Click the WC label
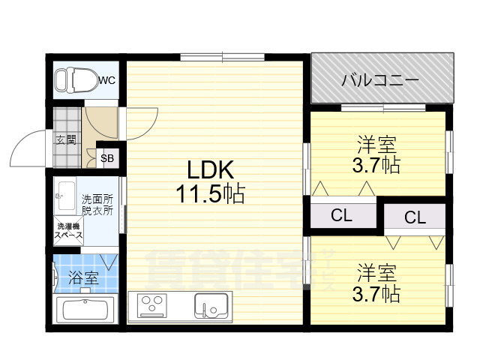coord(106,79)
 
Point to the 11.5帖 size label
coord(210,195)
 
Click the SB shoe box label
coord(107,157)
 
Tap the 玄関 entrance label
coord(65,139)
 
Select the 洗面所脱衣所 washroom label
coord(97,205)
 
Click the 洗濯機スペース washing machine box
coord(67,230)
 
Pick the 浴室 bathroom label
coord(83,277)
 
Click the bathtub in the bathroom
coord(85,310)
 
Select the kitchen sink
coord(211,306)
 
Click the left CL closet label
coord(341,216)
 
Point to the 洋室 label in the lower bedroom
coord(376,271)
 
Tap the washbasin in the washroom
coord(65,193)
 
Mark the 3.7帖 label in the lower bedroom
coord(376,292)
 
